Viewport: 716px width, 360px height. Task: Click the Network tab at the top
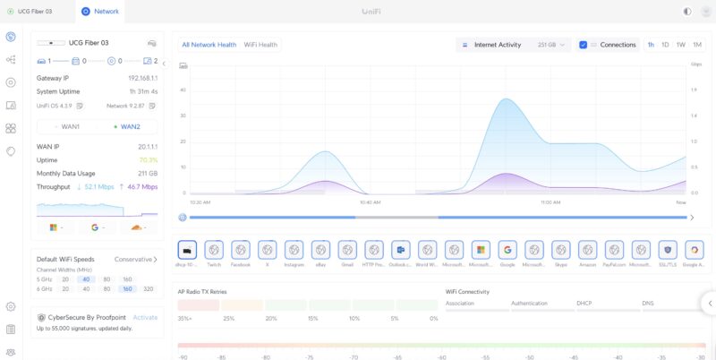click(100, 12)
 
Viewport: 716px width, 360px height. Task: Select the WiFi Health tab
click(260, 44)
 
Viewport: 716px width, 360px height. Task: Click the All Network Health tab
click(209, 44)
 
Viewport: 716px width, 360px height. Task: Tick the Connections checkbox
click(584, 44)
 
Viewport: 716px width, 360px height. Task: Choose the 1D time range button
click(665, 44)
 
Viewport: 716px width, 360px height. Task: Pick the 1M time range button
click(697, 44)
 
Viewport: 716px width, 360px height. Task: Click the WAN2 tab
click(127, 126)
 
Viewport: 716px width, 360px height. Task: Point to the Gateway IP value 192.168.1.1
click(142, 78)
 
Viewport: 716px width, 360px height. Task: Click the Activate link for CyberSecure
click(145, 317)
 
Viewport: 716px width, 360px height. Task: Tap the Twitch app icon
click(213, 250)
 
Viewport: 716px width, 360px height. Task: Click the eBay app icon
click(320, 250)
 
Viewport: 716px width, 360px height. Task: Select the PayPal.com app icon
click(614, 250)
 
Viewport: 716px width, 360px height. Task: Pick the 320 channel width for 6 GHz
click(148, 289)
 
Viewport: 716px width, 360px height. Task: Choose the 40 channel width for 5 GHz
click(85, 279)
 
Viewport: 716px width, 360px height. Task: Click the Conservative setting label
click(133, 260)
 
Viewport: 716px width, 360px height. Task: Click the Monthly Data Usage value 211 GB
click(148, 173)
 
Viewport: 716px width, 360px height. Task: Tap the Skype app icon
click(560, 250)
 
